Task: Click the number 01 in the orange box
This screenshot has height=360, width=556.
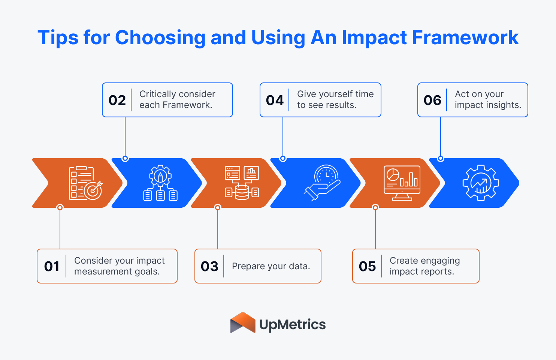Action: click(x=52, y=266)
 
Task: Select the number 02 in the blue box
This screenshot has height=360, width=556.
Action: click(x=117, y=100)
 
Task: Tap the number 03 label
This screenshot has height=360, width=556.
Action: click(x=209, y=266)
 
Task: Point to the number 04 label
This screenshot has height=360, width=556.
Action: click(x=275, y=100)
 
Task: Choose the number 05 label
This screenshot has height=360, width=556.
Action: click(x=367, y=266)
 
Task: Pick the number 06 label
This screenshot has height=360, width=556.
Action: click(x=432, y=100)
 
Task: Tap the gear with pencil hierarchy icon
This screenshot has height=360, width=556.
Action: click(x=160, y=183)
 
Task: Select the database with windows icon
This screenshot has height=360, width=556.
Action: click(x=242, y=183)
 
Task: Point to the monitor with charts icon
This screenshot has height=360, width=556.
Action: click(x=402, y=183)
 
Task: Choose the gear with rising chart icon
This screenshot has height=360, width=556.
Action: click(x=481, y=183)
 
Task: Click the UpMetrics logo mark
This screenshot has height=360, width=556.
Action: click(x=243, y=323)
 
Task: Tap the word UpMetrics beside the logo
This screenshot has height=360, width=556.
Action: click(x=293, y=325)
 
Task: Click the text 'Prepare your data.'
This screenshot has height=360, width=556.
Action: click(x=271, y=266)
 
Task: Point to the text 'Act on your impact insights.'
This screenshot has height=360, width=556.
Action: click(x=488, y=100)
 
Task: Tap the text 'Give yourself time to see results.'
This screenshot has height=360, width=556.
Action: click(x=335, y=100)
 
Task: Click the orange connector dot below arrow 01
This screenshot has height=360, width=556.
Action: click(x=60, y=207)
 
